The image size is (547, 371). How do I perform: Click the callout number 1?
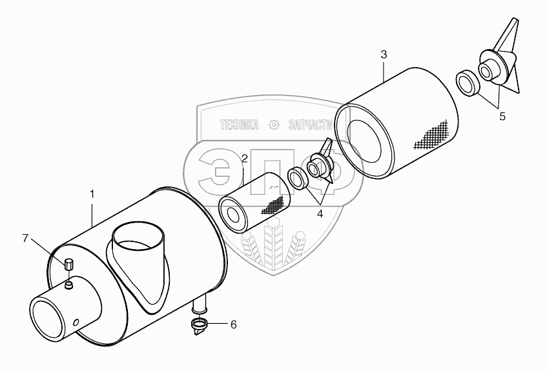(92, 193)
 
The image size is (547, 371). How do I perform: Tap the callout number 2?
(245, 158)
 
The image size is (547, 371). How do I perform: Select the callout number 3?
(384, 55)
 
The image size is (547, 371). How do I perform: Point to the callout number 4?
(319, 214)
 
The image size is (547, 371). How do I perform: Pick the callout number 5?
(502, 117)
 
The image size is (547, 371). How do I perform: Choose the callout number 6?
(233, 325)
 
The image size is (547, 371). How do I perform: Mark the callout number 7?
(26, 239)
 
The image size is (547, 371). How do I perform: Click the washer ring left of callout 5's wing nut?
(467, 83)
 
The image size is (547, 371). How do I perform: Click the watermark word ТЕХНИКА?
(240, 125)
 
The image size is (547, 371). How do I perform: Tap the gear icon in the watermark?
(274, 125)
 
